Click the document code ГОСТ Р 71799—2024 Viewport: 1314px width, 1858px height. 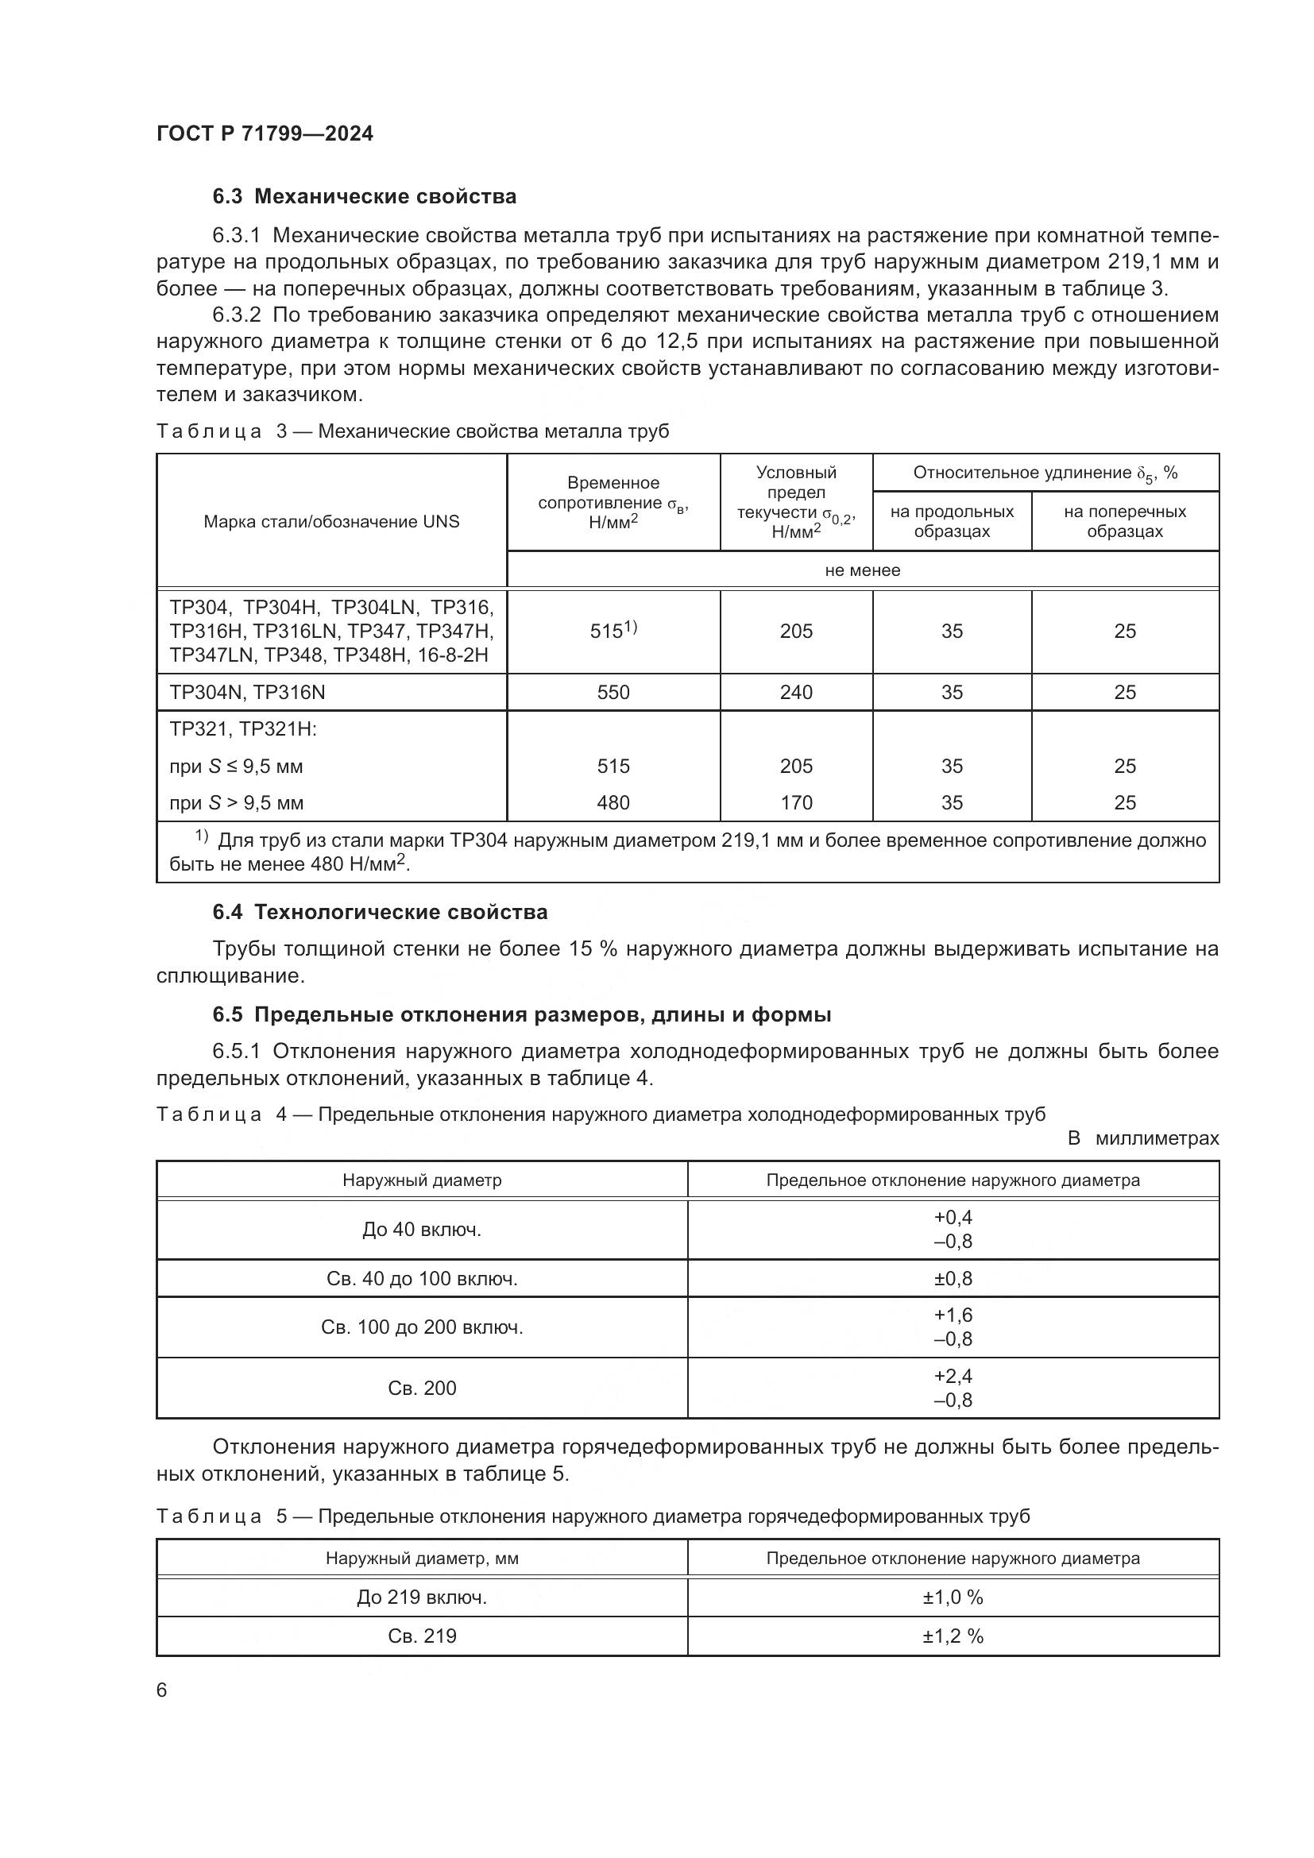point(265,133)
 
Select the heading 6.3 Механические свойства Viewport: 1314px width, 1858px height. point(364,197)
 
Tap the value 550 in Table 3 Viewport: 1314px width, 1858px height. point(613,692)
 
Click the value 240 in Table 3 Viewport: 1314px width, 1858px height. point(795,692)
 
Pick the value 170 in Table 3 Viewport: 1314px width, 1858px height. point(795,803)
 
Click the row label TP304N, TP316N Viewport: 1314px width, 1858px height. point(247,692)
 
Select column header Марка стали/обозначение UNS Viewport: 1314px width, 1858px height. point(331,521)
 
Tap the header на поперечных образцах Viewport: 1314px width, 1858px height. point(1124,521)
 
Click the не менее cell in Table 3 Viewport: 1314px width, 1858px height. point(862,570)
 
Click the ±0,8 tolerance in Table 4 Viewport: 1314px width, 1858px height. point(953,1279)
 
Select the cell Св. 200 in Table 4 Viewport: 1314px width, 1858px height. point(422,1388)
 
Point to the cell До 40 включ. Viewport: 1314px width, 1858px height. point(422,1229)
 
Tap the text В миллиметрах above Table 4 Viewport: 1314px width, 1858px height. point(1142,1138)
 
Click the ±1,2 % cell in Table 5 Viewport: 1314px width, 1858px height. point(953,1636)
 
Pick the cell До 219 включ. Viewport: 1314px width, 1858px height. point(422,1597)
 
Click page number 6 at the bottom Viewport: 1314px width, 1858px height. point(162,1690)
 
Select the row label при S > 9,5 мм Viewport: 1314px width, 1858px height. point(236,803)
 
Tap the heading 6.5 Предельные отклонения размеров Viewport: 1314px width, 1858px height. point(521,1014)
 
